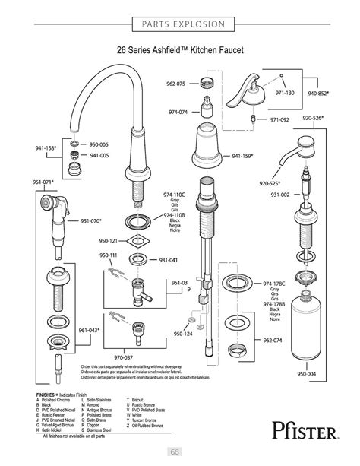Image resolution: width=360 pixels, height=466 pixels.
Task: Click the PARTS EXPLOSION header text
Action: [x=180, y=24]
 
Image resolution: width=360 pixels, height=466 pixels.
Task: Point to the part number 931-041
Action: [x=168, y=260]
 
